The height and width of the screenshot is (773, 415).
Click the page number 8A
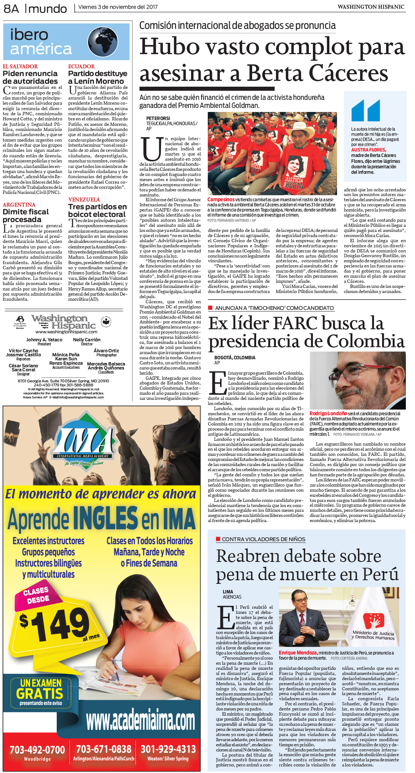(x=11, y=8)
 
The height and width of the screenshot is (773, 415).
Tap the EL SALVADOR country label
(x=20, y=67)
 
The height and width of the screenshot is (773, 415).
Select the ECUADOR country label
(x=81, y=67)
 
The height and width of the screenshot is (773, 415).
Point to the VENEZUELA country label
(x=84, y=200)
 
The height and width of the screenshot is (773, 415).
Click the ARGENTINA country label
(x=19, y=205)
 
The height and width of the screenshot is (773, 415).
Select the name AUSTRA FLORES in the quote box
(x=368, y=150)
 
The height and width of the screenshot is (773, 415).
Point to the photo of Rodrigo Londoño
(x=357, y=380)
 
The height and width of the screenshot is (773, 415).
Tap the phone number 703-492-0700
(x=37, y=750)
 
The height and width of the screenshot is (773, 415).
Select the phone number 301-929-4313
(x=168, y=749)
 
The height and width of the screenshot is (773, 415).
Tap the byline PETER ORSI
(x=158, y=119)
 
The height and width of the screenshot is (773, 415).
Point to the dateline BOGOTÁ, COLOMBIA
(x=235, y=357)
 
